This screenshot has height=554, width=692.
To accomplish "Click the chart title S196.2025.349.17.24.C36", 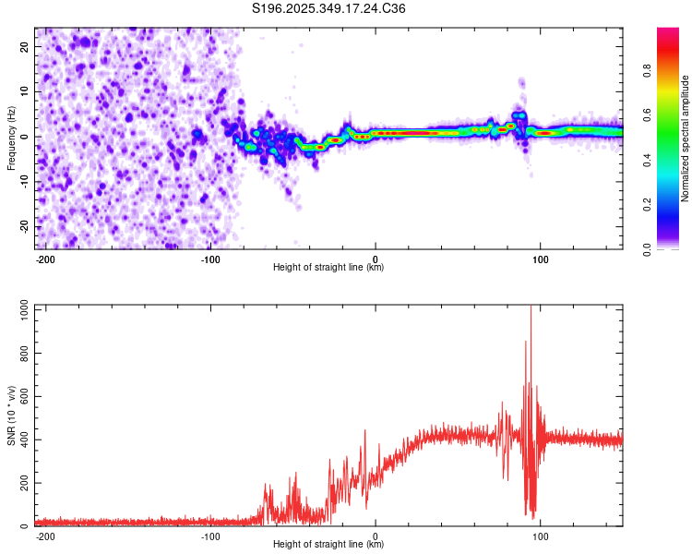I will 329,8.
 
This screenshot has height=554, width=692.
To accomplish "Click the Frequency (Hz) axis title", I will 11,138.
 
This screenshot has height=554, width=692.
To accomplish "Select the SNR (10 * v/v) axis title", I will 11,415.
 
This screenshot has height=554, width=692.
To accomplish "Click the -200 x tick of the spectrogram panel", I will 45,258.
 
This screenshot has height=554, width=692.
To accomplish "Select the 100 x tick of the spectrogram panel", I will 540,258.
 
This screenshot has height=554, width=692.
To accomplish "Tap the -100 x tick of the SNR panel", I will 210,535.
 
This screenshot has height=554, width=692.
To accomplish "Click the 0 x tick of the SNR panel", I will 376,535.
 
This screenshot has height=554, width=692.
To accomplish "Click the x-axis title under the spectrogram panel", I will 328,268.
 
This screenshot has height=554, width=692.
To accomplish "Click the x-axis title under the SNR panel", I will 328,545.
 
